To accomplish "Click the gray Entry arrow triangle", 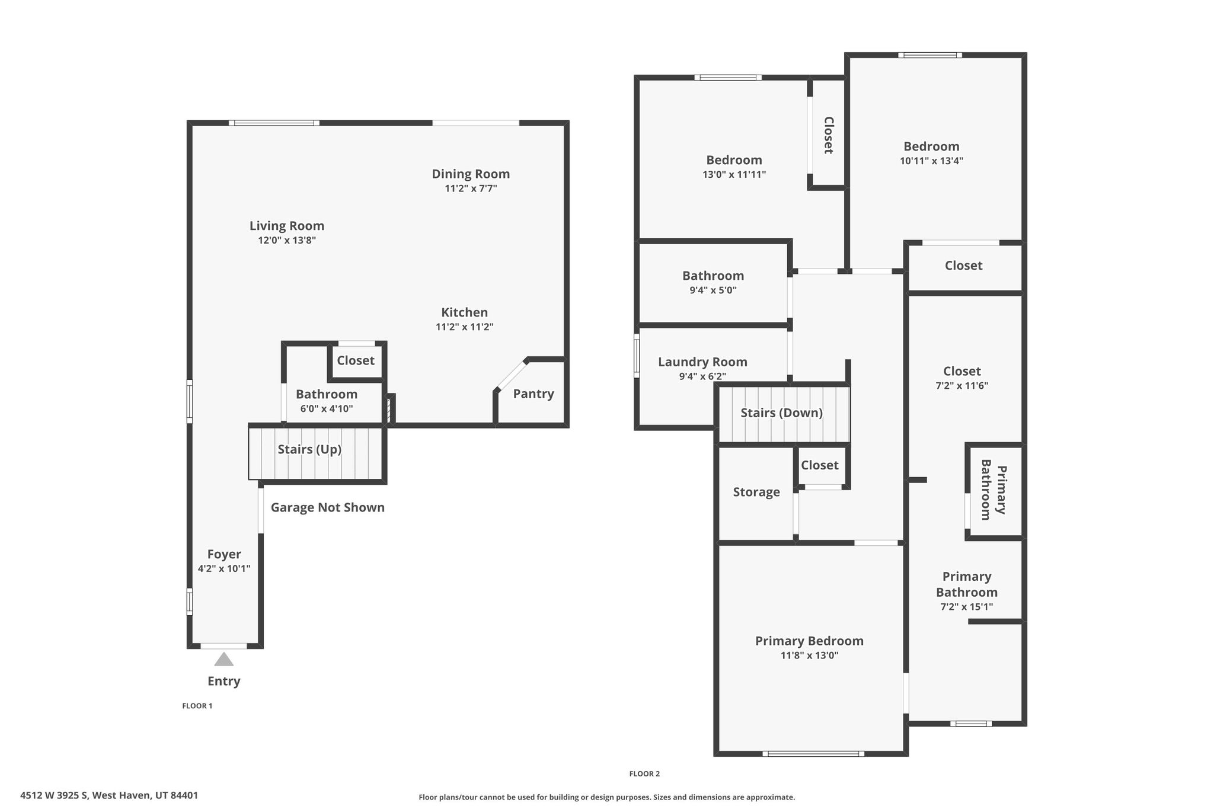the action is click(x=223, y=659).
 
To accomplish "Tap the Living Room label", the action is click(x=287, y=226).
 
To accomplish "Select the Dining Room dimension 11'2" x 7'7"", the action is click(x=471, y=188).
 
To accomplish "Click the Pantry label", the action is click(x=533, y=394).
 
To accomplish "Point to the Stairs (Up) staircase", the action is click(x=317, y=452).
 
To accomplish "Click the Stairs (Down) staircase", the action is click(x=784, y=414).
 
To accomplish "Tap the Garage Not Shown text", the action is click(x=328, y=507).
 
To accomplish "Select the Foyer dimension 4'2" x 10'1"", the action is click(x=224, y=569).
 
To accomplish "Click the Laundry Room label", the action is click(x=702, y=362).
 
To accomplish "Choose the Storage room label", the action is click(x=756, y=492).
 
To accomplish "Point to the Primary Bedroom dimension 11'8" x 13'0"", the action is click(x=809, y=655).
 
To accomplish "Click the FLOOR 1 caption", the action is click(x=197, y=706).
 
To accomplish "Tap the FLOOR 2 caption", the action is click(x=644, y=773).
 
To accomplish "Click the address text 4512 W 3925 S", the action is click(x=54, y=795).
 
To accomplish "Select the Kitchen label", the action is click(x=465, y=312).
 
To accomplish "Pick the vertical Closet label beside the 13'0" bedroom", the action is click(x=829, y=135).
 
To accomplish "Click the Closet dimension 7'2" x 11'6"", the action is click(x=962, y=386).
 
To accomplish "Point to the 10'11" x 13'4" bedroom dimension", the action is click(x=932, y=161).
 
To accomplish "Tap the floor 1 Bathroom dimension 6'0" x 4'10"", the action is click(x=327, y=409).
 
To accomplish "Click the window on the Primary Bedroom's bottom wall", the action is click(x=813, y=754).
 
